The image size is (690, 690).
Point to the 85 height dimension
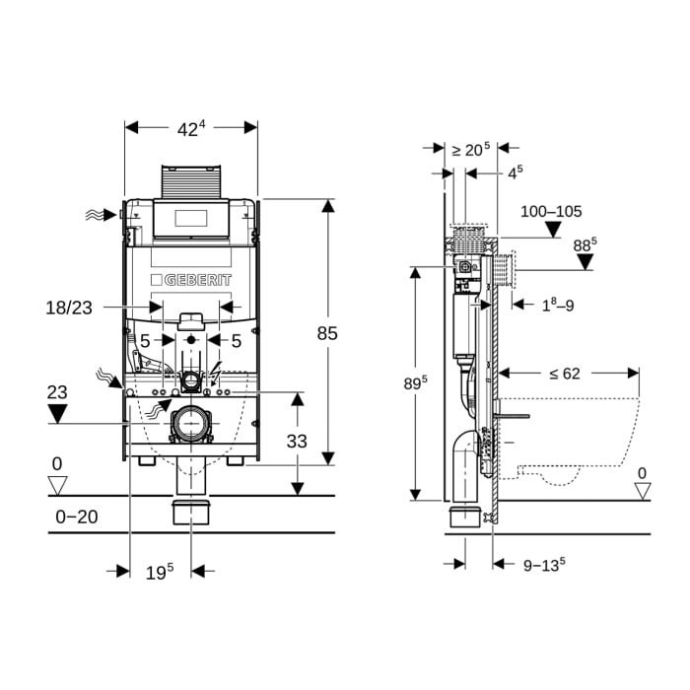pos(326,333)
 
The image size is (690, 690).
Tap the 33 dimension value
pos(297,442)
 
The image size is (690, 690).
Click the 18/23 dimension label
pos(68,308)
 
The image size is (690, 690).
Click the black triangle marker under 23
pos(57,413)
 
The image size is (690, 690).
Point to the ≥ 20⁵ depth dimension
pos(470,150)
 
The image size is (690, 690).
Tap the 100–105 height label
pos(552,211)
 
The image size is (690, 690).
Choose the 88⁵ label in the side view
pos(586,241)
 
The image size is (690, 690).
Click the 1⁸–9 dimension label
pos(556,306)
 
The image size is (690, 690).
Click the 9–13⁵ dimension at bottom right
pos(543,565)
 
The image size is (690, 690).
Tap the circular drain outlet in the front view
pos(190,424)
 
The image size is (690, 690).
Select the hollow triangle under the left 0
pos(57,484)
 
